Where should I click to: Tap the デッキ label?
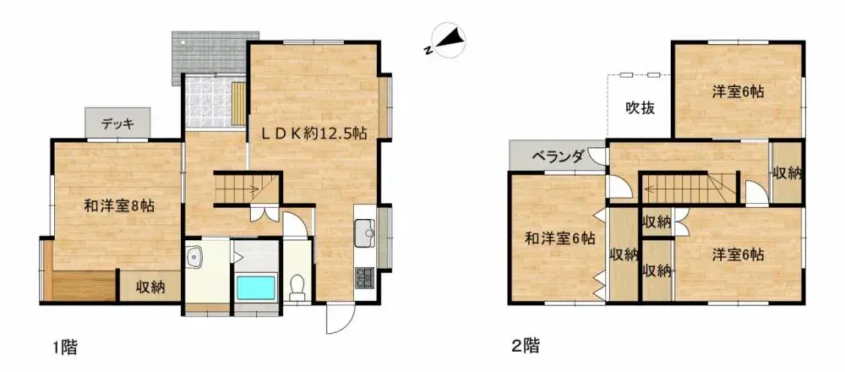117,124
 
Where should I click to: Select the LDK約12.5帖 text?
313,133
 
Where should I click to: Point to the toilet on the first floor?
297,289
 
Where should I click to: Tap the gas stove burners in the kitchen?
365,276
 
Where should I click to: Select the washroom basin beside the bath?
194,256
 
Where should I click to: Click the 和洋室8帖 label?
118,205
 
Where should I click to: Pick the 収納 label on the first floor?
150,287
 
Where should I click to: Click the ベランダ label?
559,156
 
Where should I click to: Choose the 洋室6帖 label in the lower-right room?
738,254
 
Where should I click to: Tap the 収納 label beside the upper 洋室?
787,172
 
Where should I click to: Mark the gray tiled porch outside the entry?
208,52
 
